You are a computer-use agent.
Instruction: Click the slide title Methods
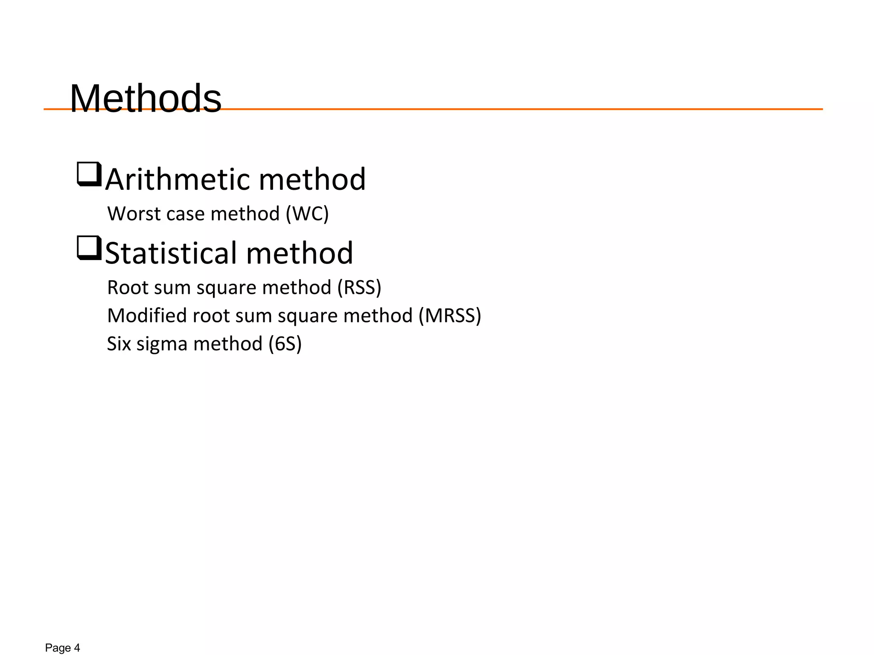[x=146, y=99]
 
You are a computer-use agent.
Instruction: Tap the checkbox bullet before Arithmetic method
[x=89, y=174]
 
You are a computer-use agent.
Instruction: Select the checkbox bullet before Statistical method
[x=89, y=248]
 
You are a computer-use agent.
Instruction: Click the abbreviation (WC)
[x=307, y=214]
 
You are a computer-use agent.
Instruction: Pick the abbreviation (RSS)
[x=359, y=287]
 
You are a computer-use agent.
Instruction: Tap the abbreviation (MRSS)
[x=450, y=316]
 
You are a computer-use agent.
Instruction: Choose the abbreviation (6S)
[x=285, y=344]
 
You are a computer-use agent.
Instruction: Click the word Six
[x=119, y=344]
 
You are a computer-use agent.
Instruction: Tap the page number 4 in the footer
[x=77, y=648]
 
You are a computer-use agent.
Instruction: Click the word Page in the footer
[x=58, y=648]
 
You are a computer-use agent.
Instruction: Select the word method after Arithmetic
[x=312, y=179]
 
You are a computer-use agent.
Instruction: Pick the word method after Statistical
[x=300, y=253]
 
